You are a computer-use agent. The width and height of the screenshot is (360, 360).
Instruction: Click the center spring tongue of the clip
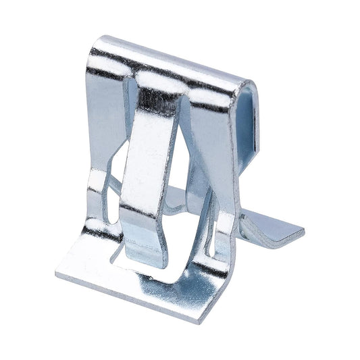(147, 169)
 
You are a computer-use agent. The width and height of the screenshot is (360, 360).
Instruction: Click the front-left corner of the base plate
(57, 277)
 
